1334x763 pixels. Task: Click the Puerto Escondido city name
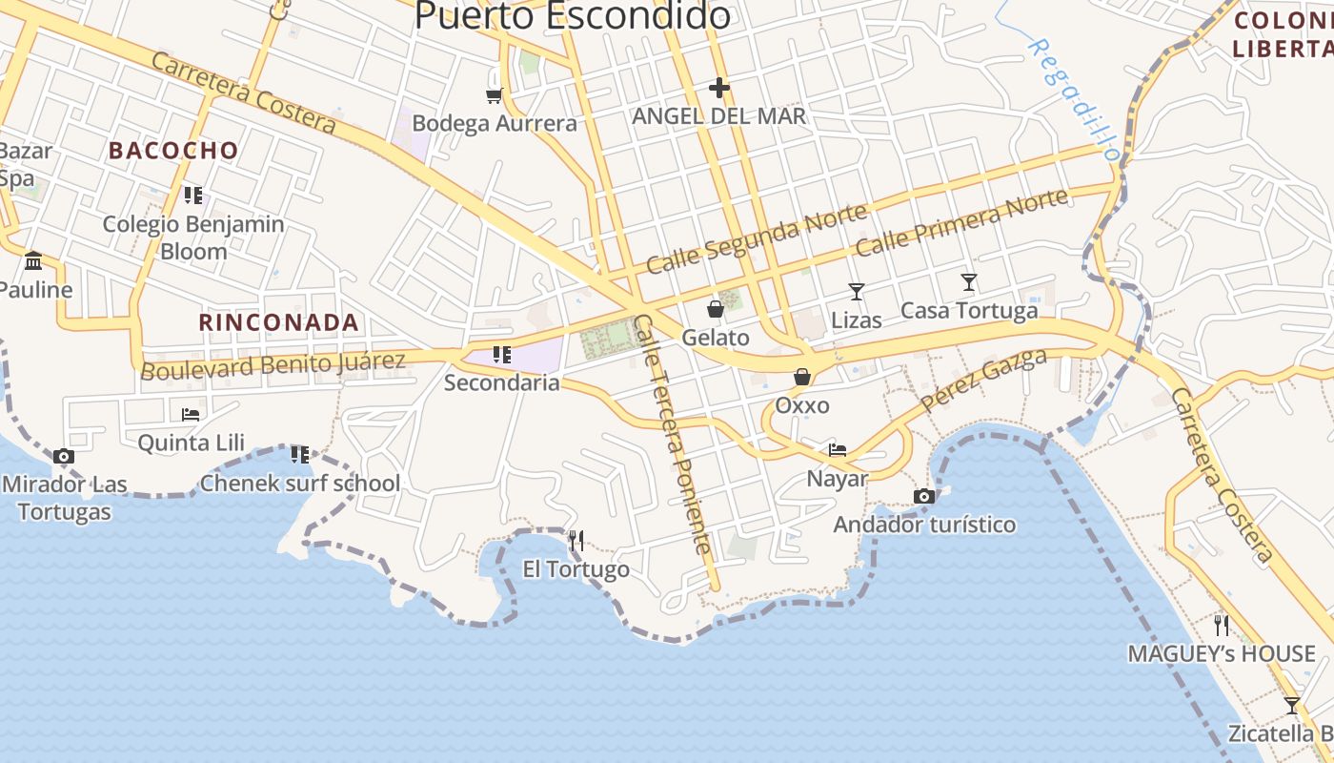click(573, 15)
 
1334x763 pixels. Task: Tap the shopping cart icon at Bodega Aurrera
click(494, 94)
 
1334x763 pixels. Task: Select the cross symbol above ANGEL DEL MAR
click(719, 88)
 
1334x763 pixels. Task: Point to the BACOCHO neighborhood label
click(172, 150)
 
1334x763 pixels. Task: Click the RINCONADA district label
click(278, 322)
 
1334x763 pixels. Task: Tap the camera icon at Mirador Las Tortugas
click(64, 456)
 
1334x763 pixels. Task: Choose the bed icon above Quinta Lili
click(191, 414)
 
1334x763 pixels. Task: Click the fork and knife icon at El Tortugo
click(576, 541)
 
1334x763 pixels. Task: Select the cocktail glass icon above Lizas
click(857, 291)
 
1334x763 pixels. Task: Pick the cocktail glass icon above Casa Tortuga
click(969, 281)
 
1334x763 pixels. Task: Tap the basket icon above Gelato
click(716, 309)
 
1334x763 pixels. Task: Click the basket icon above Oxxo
click(802, 377)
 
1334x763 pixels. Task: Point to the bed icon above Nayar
click(838, 449)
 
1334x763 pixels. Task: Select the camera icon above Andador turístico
click(923, 496)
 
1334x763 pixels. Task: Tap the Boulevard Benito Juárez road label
click(273, 364)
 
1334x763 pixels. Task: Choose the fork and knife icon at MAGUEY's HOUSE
click(1222, 625)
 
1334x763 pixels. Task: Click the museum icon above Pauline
click(34, 260)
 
